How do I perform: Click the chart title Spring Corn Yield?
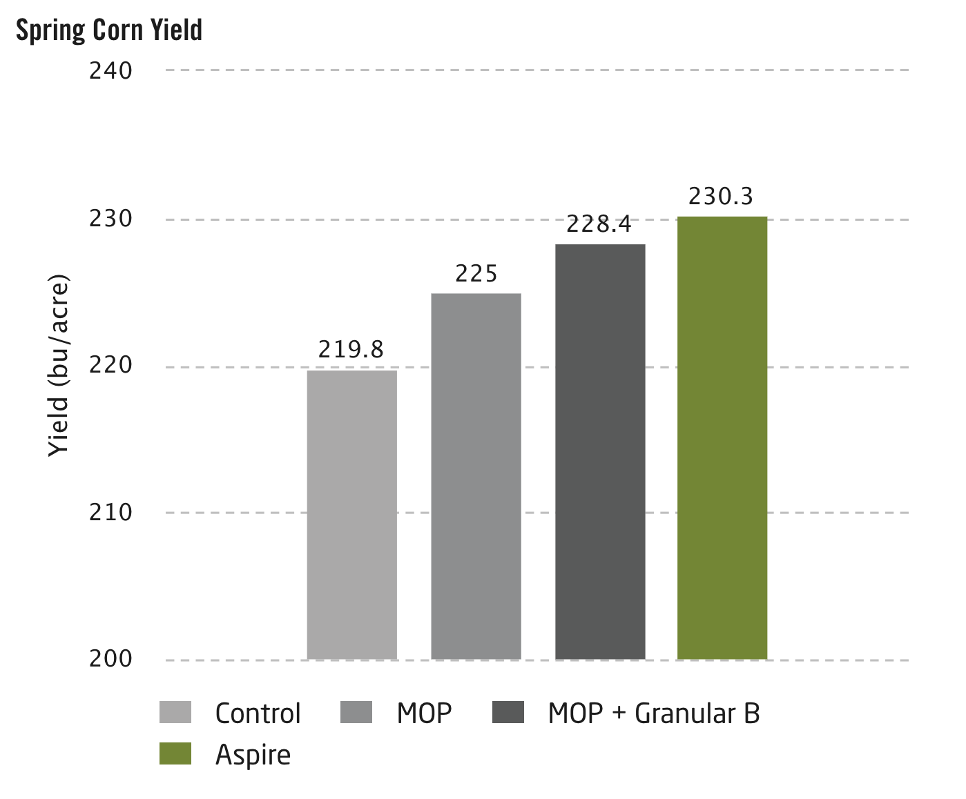(109, 30)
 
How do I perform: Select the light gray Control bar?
(352, 514)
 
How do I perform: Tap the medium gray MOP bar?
(476, 476)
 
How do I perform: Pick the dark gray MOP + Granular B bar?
(600, 452)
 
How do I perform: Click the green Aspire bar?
(722, 438)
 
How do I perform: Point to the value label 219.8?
(351, 350)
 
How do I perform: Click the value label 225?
(476, 274)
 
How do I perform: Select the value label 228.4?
(599, 224)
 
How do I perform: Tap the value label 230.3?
(721, 197)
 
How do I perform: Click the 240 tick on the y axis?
(110, 70)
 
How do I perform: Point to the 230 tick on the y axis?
(110, 219)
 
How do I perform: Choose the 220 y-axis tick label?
(110, 365)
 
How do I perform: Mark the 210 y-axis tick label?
(110, 512)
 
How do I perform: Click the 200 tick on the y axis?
(110, 659)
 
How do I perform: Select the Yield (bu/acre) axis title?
(59, 366)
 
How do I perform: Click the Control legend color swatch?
(175, 713)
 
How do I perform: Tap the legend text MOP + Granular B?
(653, 713)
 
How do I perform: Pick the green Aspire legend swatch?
(175, 753)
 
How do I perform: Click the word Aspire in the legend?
(253, 755)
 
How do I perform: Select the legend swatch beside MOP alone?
(356, 713)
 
